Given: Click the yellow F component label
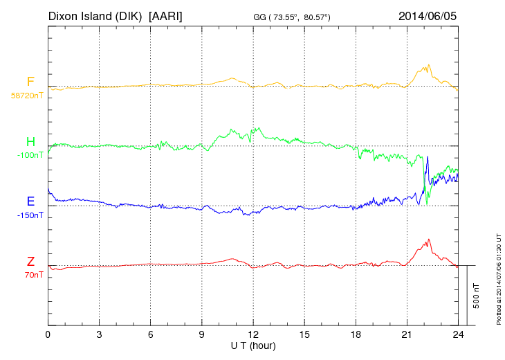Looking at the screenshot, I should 30,82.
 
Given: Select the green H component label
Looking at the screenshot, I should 30,141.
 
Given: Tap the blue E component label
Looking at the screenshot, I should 30,201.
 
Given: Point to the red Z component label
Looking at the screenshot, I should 30,262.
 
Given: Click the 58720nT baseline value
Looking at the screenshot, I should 27,96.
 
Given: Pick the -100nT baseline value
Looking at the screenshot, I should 28,155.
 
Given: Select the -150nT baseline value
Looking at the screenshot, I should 28,215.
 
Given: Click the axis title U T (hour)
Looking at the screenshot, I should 253,345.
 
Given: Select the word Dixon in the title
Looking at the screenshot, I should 64,15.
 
